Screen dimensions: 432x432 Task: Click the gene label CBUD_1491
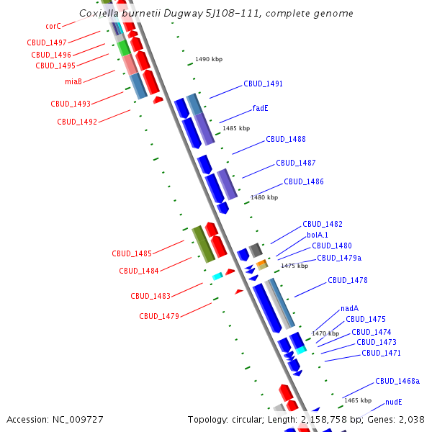click(263, 84)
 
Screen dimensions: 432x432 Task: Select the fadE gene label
click(260, 109)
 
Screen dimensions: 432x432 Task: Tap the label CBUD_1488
click(285, 140)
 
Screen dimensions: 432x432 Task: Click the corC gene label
click(53, 27)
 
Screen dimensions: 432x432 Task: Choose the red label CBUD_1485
click(132, 254)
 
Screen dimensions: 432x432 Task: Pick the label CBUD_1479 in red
click(159, 316)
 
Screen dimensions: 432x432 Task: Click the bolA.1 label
click(318, 235)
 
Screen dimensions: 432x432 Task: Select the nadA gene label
click(349, 309)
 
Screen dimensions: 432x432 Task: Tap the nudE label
click(393, 402)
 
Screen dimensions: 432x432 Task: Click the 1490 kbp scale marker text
click(209, 60)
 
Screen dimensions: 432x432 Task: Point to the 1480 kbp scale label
click(264, 197)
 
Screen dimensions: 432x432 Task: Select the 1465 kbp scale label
click(358, 400)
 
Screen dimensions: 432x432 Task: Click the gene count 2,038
click(410, 419)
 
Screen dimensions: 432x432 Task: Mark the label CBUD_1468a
click(397, 382)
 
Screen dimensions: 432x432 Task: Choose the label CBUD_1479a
click(339, 258)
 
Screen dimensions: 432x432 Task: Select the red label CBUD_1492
click(77, 122)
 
